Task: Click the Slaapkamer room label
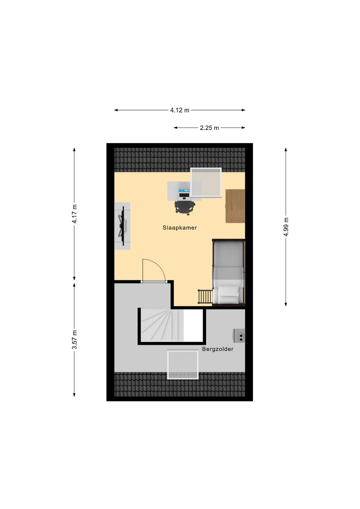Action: tap(180, 228)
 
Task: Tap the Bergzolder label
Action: tap(218, 349)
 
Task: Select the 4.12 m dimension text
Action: tap(180, 110)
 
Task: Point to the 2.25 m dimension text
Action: tap(209, 128)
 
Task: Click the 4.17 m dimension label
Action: tap(74, 214)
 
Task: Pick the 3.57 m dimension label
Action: tap(74, 340)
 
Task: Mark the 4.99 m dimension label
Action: tap(286, 226)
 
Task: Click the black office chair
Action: tap(184, 207)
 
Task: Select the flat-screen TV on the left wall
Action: tap(122, 226)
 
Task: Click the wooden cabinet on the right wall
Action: tap(235, 206)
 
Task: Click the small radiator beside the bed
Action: tap(205, 296)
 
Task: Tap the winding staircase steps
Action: tap(160, 325)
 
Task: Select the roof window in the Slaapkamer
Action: tap(206, 182)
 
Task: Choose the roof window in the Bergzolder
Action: tap(183, 364)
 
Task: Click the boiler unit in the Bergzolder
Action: tap(239, 336)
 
